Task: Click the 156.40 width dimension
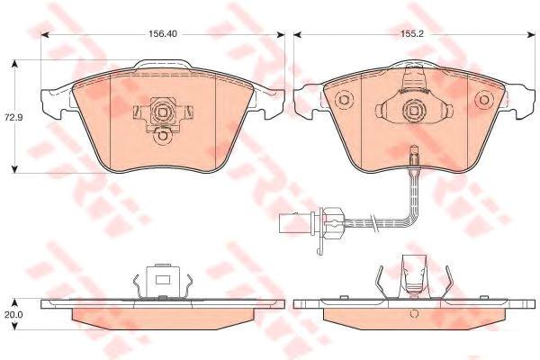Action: pos(163,34)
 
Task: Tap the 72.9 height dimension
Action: pos(13,117)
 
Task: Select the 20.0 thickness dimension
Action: pos(13,314)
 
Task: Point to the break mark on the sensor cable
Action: pos(373,220)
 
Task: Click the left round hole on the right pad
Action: pos(345,100)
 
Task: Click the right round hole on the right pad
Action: pos(484,100)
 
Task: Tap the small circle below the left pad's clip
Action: pos(162,137)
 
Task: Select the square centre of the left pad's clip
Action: pos(162,112)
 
